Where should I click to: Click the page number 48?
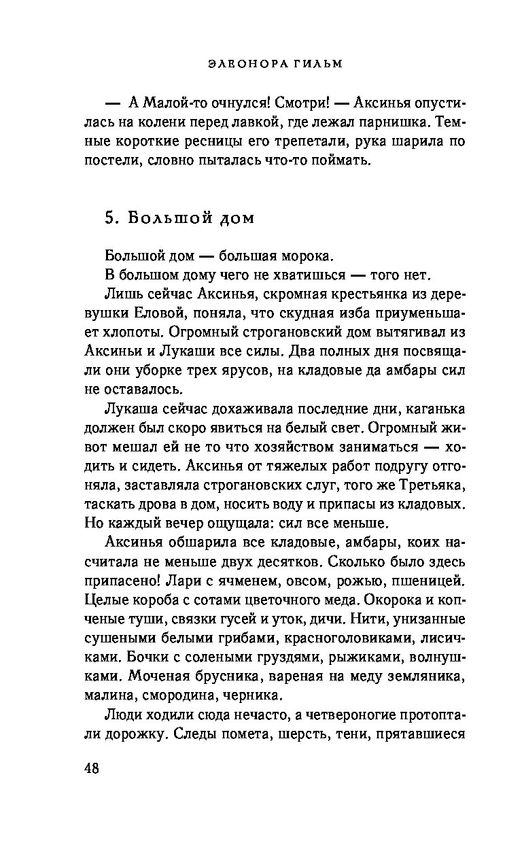(x=92, y=769)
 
